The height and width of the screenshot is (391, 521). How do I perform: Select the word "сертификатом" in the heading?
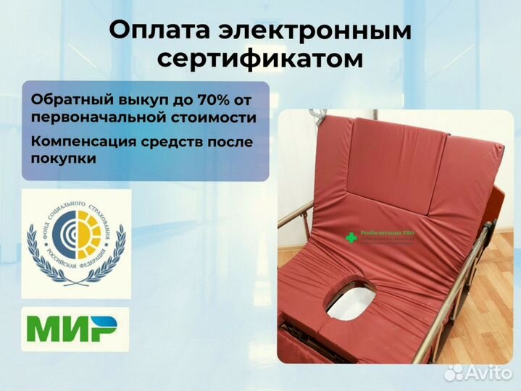[260, 59]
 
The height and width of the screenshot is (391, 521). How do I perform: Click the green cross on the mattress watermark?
[351, 237]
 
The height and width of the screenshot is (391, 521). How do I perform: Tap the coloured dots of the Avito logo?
[454, 371]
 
